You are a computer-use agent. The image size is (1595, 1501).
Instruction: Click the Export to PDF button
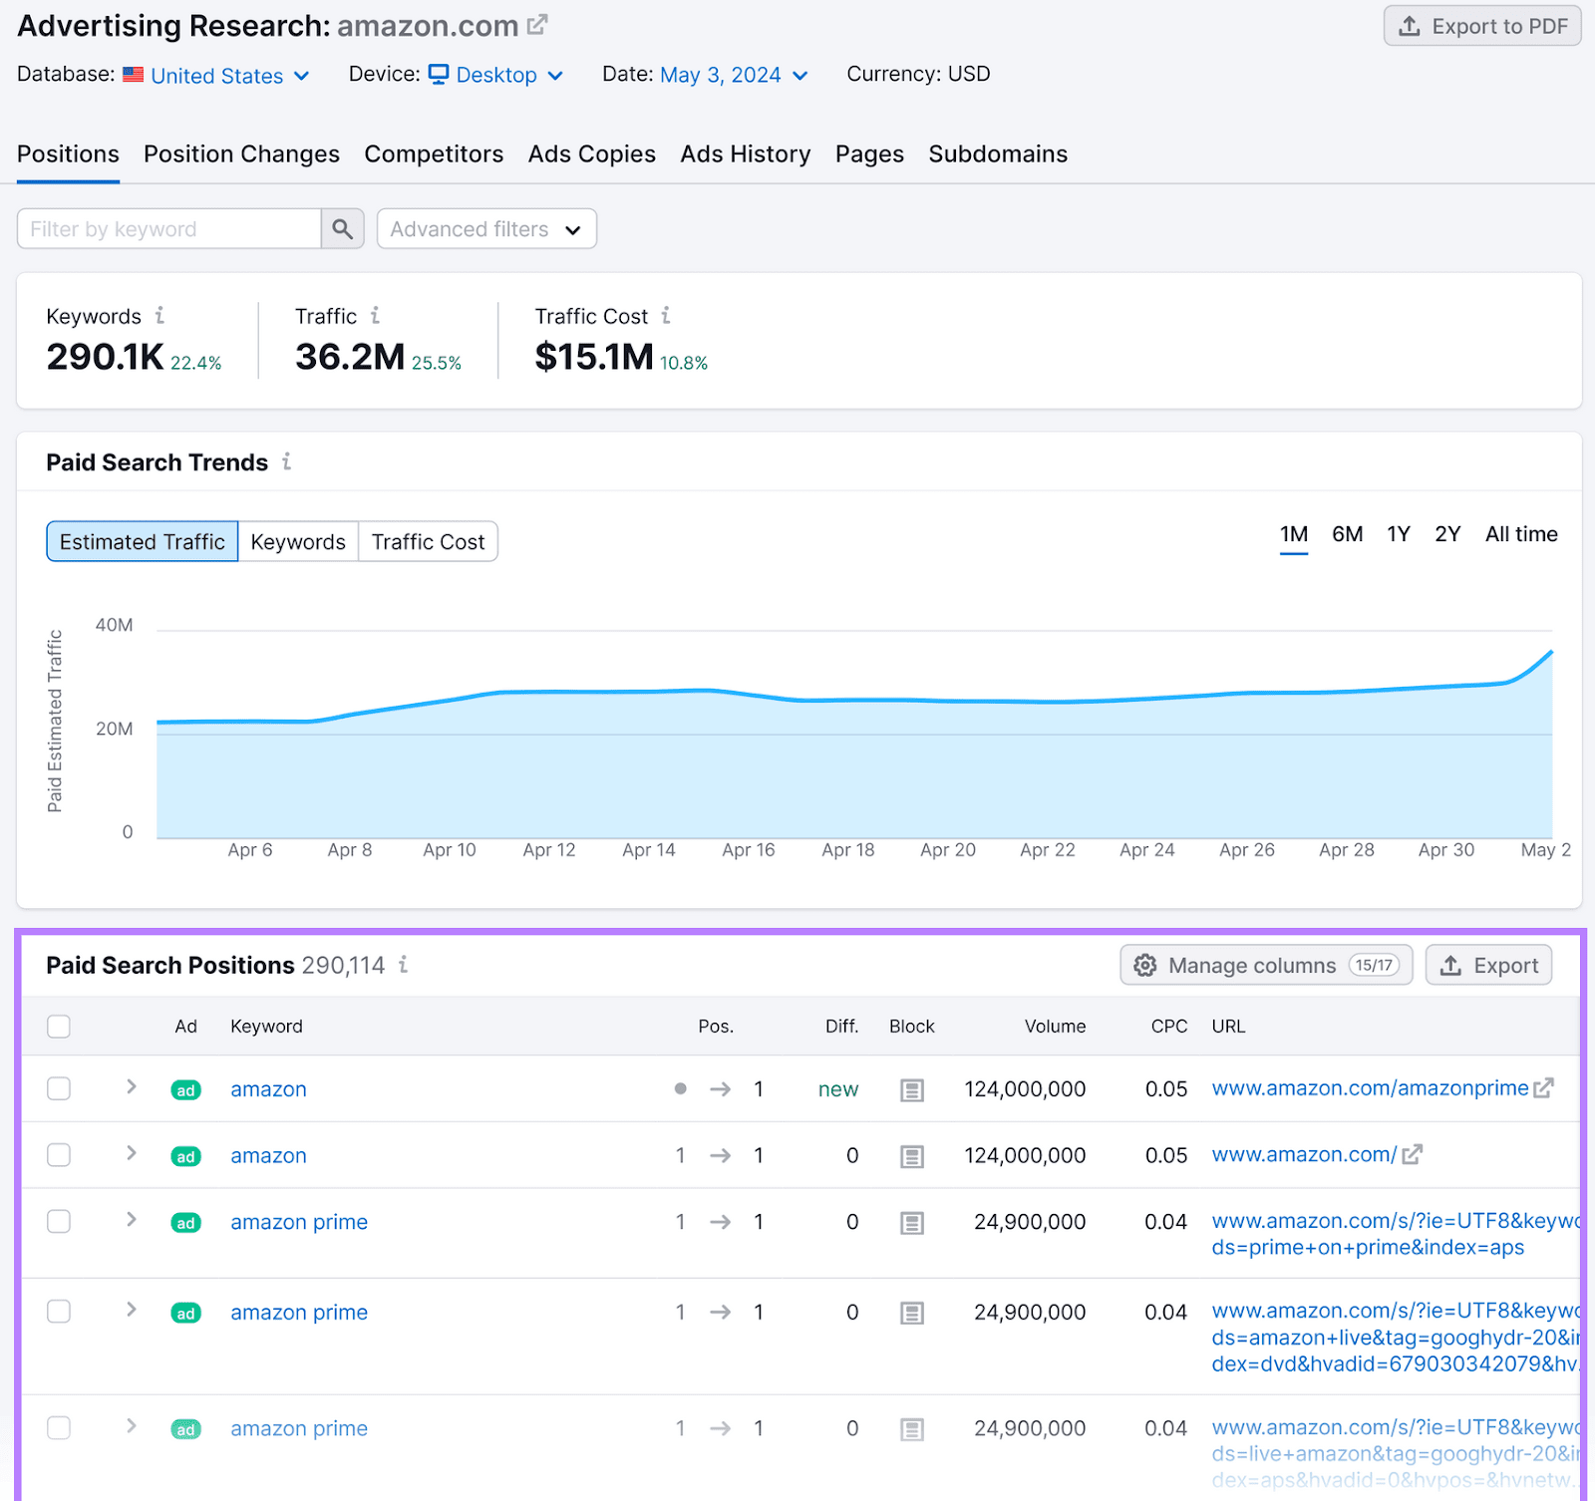click(x=1482, y=26)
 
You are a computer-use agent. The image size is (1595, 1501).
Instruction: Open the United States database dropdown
click(x=217, y=76)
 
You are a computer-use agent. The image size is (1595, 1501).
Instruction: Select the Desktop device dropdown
click(x=496, y=76)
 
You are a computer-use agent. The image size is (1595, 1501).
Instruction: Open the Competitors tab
click(x=434, y=154)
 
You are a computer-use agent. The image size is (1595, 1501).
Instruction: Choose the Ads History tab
click(x=745, y=154)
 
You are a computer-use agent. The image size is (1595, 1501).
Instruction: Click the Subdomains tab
click(x=997, y=154)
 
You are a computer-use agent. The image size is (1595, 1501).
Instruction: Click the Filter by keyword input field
click(x=169, y=229)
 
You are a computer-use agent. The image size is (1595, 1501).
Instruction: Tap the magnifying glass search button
click(x=342, y=229)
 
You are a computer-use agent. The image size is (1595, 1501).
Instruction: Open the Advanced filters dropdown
click(x=486, y=229)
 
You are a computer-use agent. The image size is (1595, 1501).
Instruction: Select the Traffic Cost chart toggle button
click(x=428, y=542)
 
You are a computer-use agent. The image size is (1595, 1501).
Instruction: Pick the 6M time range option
click(x=1347, y=535)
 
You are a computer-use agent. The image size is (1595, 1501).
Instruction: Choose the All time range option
click(x=1520, y=535)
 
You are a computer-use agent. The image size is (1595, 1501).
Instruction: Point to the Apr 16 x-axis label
click(x=748, y=850)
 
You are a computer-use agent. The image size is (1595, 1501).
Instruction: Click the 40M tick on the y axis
click(x=114, y=626)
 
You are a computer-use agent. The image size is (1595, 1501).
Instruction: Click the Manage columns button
click(x=1265, y=965)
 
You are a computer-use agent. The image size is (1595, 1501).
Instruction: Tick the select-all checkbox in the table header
click(x=59, y=1027)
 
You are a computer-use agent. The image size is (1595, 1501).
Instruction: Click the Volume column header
click(x=1055, y=1027)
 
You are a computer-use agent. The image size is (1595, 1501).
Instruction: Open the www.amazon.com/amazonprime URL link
click(x=1370, y=1088)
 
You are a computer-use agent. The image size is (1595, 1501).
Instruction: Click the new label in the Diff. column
click(x=837, y=1089)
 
